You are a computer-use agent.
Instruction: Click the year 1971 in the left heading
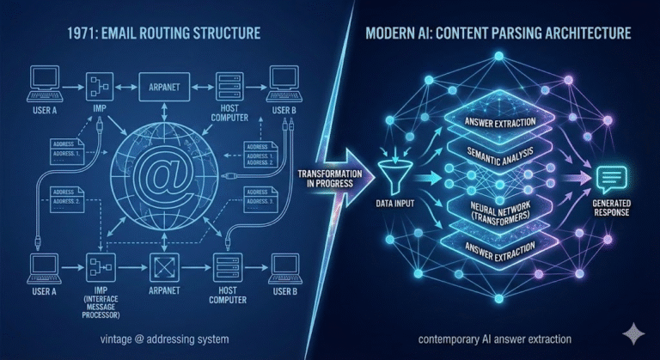(x=82, y=36)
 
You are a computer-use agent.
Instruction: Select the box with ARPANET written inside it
(x=163, y=86)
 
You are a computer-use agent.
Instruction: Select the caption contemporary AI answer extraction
(x=493, y=339)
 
